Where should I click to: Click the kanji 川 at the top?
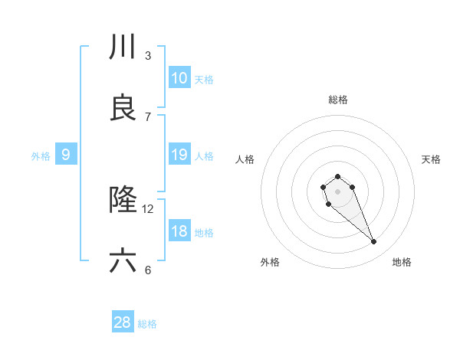123,47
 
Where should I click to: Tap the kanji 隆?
123,201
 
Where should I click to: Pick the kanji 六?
123,261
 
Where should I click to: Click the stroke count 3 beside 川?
148,56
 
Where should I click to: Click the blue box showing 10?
179,78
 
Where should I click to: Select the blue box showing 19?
179,155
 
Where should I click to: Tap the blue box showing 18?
179,231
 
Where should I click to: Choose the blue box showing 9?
66,155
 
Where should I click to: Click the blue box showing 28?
123,322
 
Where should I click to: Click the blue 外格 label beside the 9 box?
41,155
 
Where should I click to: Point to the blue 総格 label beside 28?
147,324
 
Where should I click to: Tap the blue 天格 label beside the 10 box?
204,79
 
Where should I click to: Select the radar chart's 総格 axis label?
338,100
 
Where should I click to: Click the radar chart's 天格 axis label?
432,159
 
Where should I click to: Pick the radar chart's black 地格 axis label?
402,262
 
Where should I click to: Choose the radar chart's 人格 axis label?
245,159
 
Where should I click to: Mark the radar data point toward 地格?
374,242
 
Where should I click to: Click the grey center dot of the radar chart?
337,191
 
